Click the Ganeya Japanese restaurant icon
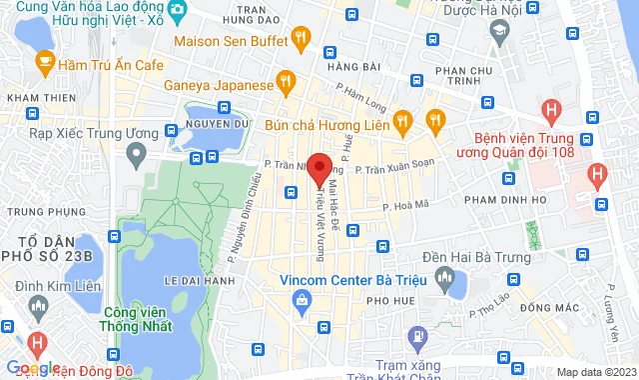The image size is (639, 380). tap(286, 83)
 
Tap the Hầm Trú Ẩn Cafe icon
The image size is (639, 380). tap(44, 62)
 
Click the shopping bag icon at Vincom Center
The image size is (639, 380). tap(300, 300)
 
